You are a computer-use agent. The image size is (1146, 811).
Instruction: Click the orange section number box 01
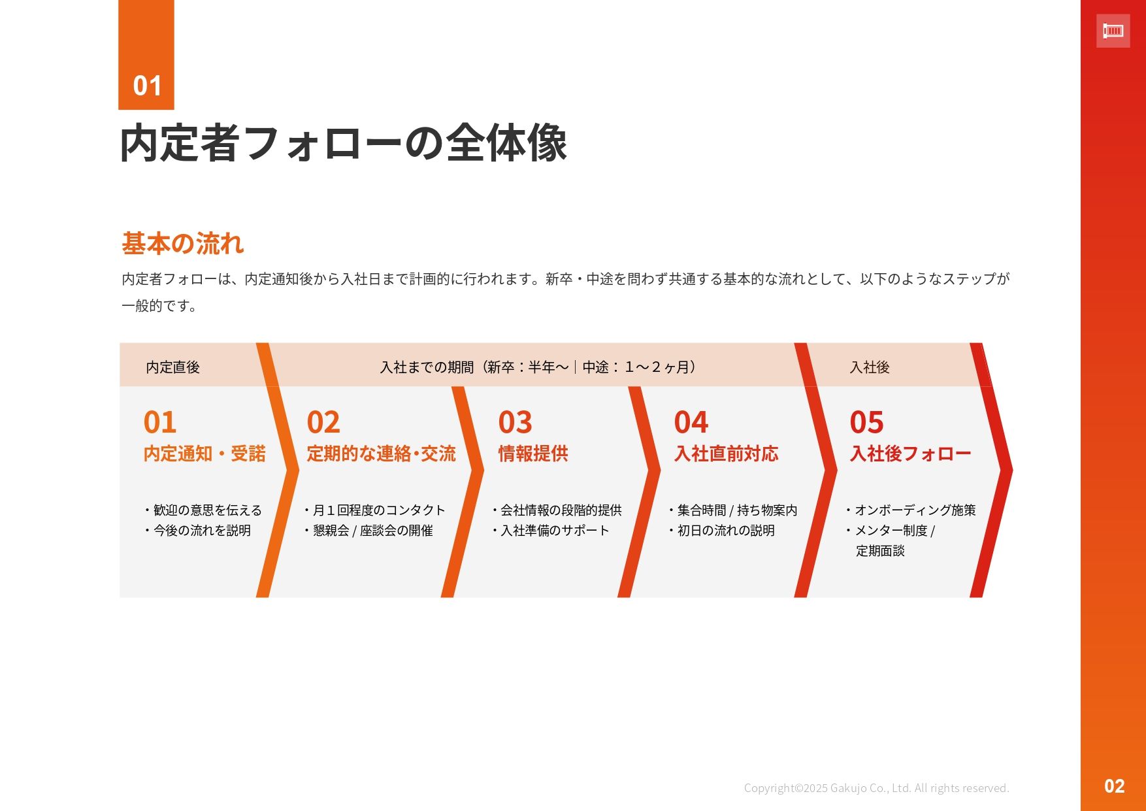[146, 55]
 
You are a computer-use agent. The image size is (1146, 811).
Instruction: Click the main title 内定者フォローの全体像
[344, 143]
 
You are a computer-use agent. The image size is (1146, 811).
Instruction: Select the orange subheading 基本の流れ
[183, 244]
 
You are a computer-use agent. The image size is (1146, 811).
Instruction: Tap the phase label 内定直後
[172, 367]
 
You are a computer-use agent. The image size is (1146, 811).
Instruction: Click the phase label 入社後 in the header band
[870, 367]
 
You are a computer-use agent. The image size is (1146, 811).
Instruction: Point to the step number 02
[323, 422]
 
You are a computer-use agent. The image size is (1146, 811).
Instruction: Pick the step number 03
[515, 422]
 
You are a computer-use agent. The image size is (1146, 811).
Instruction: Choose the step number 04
[691, 422]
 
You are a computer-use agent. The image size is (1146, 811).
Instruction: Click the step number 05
[866, 422]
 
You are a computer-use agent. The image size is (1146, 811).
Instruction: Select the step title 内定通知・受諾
[205, 454]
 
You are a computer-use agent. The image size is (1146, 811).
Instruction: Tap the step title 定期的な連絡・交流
[382, 454]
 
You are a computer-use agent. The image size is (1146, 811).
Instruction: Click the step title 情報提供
[533, 454]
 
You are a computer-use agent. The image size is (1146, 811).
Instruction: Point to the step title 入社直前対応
[727, 454]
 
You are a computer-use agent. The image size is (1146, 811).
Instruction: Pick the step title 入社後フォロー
[911, 454]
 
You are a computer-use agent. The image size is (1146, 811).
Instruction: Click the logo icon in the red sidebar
[1113, 31]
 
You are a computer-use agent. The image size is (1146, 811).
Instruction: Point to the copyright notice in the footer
[877, 788]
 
